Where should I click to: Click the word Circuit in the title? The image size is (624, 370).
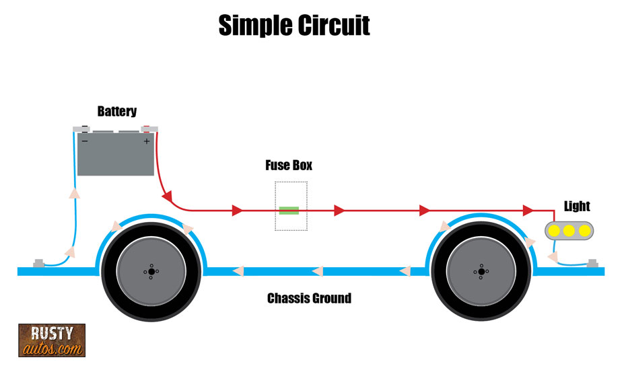coord(334,26)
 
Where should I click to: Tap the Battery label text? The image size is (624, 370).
coord(116,111)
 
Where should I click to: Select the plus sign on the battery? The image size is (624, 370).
coord(146,141)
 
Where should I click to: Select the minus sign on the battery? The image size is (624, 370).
coord(85,141)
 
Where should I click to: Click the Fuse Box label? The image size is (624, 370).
coord(289,165)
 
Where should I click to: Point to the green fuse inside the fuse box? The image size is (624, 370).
coord(289,211)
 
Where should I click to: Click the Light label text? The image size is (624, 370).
coord(577,206)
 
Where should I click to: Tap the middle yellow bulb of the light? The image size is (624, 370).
coord(569,231)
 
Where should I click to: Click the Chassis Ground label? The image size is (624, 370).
coord(309,297)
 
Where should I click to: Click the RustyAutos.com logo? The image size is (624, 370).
coord(51,340)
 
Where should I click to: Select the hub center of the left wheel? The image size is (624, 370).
coord(151,271)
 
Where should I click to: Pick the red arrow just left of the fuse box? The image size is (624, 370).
coord(237,211)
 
